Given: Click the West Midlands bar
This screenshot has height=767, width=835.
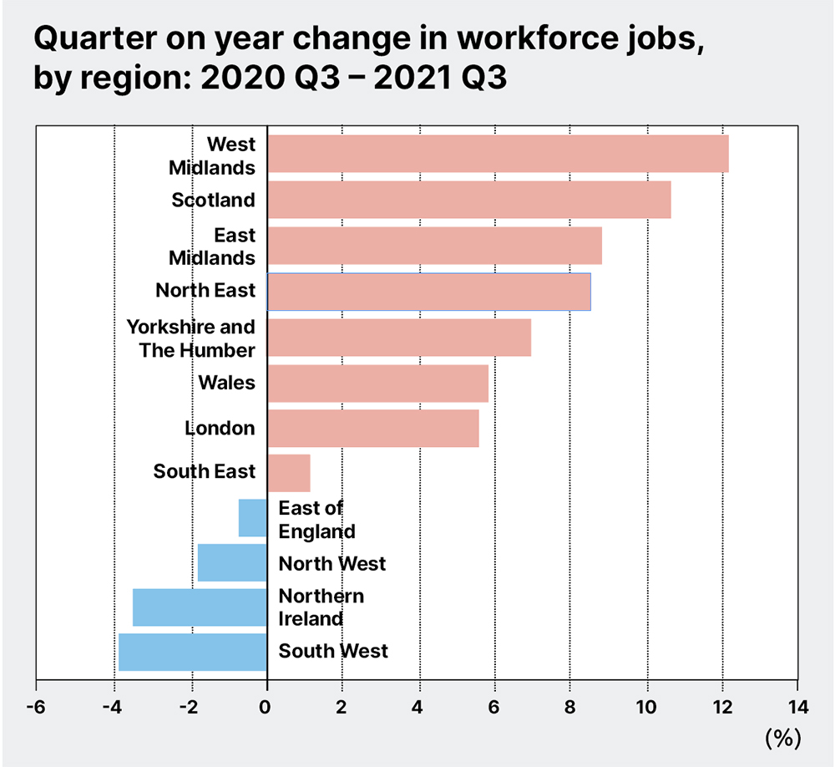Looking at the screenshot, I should [498, 154].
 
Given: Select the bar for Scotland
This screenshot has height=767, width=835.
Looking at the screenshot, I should [468, 200].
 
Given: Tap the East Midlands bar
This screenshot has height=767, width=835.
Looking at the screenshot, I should [434, 246].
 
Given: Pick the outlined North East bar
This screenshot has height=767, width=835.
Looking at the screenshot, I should [428, 292].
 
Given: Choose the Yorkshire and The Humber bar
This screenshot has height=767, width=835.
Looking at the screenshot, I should [399, 337].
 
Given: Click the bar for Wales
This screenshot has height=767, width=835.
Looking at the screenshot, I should [377, 383].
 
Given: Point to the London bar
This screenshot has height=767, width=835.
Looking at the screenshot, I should [373, 429].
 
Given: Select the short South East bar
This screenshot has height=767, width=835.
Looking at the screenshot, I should [289, 474].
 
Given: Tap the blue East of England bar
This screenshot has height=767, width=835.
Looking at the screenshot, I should [253, 518].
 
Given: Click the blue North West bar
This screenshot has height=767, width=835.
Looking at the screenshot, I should [232, 563].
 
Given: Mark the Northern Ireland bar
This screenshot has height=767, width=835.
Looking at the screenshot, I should [200, 607].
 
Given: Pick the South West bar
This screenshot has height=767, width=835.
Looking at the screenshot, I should [193, 653].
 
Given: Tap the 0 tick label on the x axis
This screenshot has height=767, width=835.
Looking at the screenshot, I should [266, 705].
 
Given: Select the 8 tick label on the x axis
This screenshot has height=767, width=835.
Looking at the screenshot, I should [569, 705].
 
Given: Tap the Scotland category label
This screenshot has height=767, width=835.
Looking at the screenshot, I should [213, 200].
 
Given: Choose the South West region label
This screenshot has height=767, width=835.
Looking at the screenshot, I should [333, 650].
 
